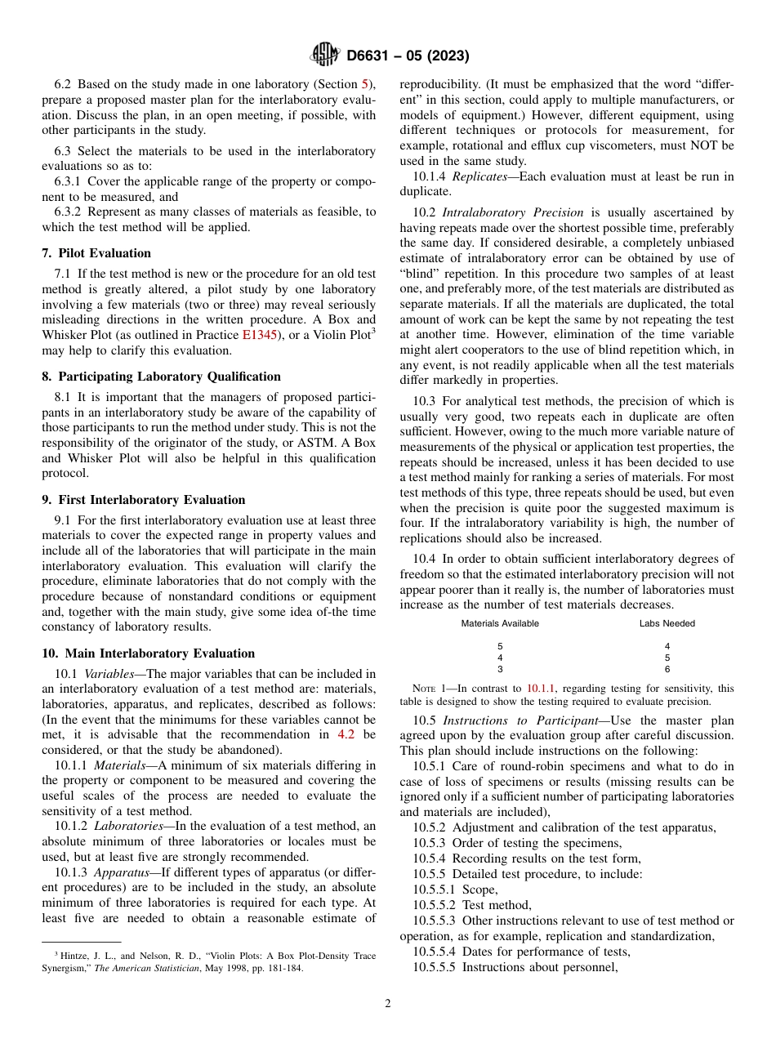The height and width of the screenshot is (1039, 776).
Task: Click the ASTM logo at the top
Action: click(x=325, y=55)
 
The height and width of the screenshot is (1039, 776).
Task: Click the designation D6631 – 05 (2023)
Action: click(x=408, y=56)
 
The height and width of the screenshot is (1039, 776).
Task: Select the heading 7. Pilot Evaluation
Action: click(x=96, y=253)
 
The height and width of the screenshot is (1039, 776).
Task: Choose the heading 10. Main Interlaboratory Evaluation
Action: click(x=148, y=653)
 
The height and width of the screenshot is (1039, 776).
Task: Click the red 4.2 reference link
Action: click(x=346, y=734)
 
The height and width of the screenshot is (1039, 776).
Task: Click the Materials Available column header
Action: click(x=500, y=623)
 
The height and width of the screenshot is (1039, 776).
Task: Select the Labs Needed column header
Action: click(x=667, y=623)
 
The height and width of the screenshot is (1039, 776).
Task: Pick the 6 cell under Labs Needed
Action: click(x=667, y=669)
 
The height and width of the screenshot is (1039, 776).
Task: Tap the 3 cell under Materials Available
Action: click(x=500, y=669)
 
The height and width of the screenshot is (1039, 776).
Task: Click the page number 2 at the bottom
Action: click(x=388, y=1004)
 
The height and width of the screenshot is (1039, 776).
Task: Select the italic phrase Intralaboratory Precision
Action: click(x=513, y=212)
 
